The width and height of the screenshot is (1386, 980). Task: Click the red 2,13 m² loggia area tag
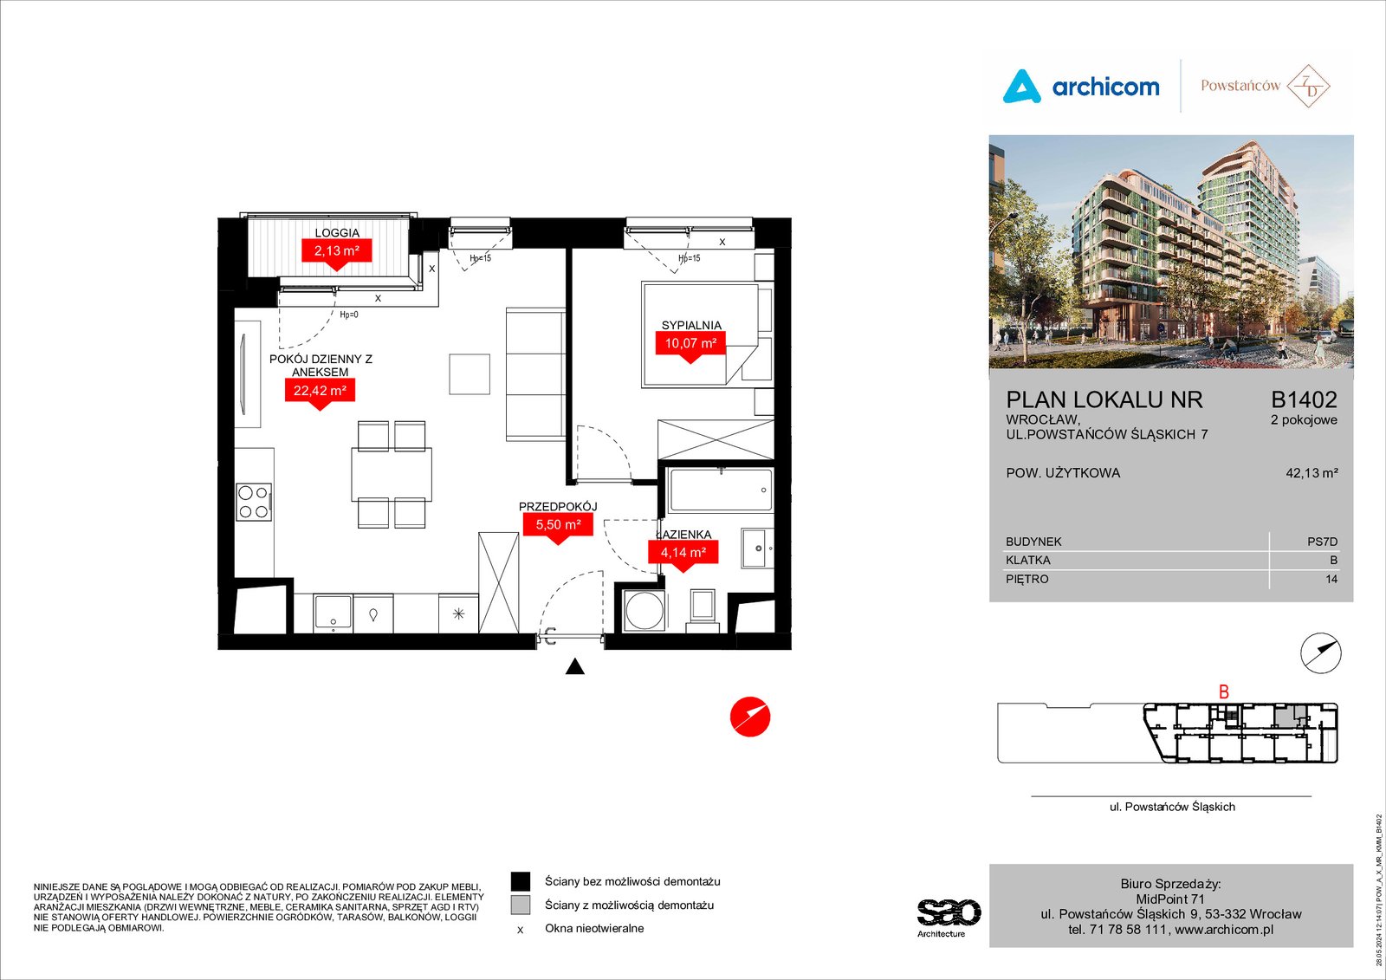tap(336, 250)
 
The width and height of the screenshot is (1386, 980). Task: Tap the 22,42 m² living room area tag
tap(320, 391)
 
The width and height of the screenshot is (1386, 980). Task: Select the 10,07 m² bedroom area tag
tap(690, 343)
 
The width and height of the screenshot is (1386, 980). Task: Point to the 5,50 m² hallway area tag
tap(558, 525)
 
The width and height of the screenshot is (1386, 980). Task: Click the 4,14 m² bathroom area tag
tap(683, 552)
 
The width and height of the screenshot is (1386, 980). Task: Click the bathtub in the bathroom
tap(721, 490)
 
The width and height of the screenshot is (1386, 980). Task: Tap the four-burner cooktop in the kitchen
tap(254, 502)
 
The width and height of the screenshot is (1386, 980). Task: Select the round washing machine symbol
tap(644, 610)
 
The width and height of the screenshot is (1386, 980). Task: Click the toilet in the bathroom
tap(703, 610)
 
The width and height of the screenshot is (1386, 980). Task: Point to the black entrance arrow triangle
tap(575, 666)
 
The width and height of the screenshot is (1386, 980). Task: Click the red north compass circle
tap(750, 717)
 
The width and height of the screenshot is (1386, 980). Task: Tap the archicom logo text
tap(1105, 88)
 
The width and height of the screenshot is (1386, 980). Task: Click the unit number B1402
tap(1304, 400)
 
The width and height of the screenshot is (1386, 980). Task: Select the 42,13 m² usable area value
tap(1312, 473)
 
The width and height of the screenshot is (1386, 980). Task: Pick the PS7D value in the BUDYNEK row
tap(1322, 542)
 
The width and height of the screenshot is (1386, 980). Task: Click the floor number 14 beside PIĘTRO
tap(1331, 580)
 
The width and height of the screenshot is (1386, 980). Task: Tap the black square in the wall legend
tap(521, 881)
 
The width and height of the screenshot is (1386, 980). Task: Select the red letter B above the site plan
tap(1223, 691)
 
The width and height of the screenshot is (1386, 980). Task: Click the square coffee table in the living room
tap(470, 374)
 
